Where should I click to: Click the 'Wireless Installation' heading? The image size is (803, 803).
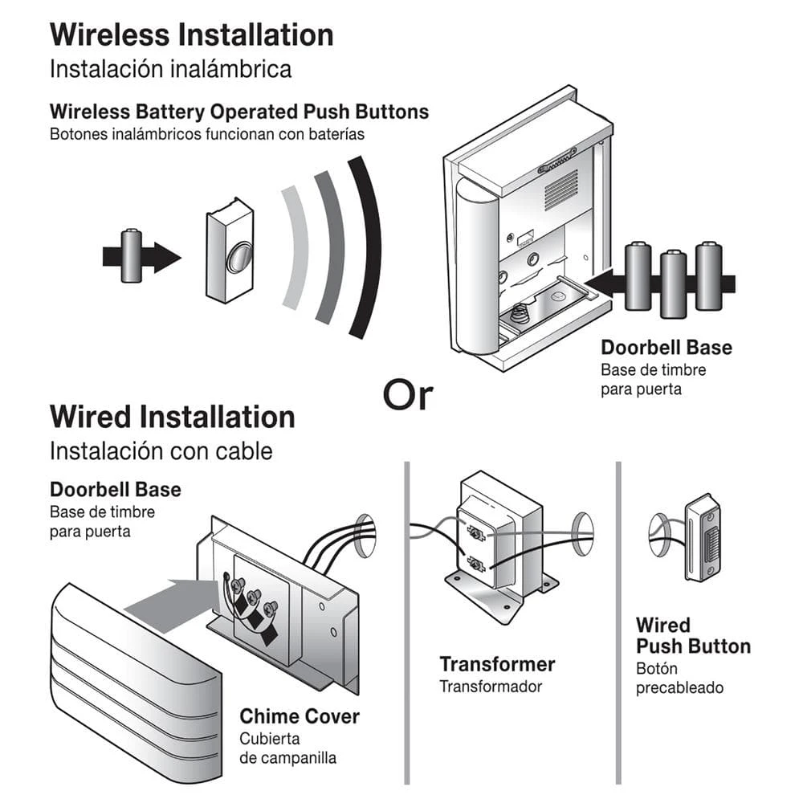tap(191, 36)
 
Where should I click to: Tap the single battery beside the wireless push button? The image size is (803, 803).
tap(131, 256)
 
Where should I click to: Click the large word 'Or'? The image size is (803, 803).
tap(407, 395)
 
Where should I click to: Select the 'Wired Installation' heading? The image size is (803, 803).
tap(172, 418)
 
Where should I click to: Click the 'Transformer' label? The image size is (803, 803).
tap(497, 665)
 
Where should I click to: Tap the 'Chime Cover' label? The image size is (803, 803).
tap(300, 716)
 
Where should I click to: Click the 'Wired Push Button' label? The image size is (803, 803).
tap(692, 636)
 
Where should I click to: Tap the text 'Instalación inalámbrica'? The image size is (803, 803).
tap(170, 69)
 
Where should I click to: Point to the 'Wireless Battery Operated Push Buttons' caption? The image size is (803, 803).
tap(239, 112)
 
